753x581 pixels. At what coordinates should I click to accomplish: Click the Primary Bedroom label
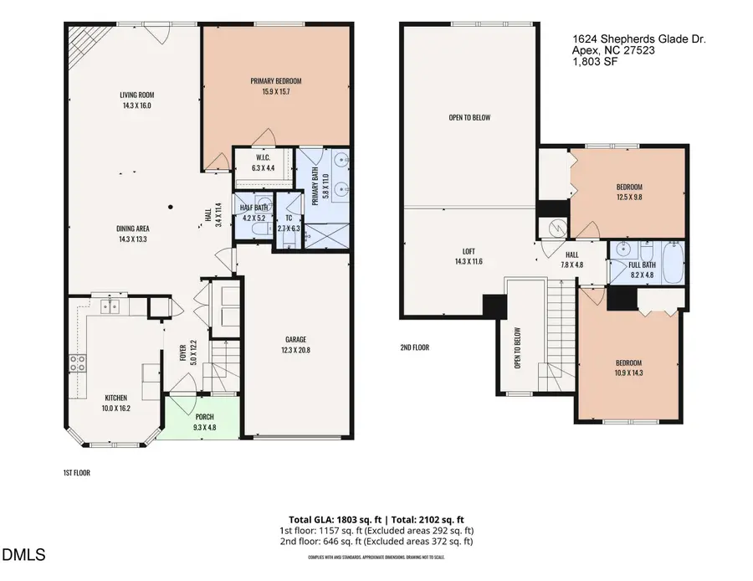(x=275, y=81)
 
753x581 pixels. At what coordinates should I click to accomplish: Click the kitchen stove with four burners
(x=77, y=362)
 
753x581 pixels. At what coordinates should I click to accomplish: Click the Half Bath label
(x=253, y=208)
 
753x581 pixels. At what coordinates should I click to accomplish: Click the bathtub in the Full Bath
(x=671, y=255)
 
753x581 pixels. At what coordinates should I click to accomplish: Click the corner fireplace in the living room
(x=80, y=39)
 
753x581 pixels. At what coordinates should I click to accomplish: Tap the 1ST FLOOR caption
(x=76, y=473)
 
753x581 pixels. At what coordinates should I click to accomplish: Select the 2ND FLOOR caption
(x=414, y=347)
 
